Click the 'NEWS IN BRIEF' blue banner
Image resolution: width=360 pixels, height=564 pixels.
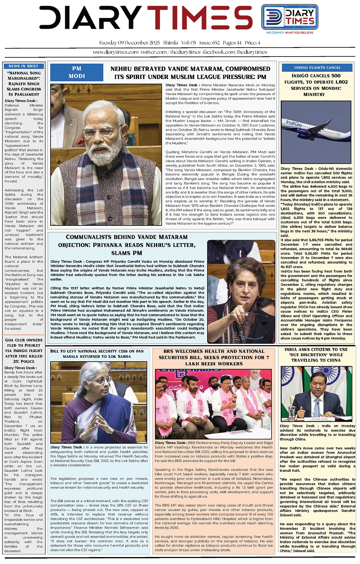click(23, 66)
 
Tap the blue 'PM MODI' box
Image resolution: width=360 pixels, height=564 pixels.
click(77, 72)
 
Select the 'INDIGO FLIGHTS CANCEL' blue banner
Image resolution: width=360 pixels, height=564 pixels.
click(317, 68)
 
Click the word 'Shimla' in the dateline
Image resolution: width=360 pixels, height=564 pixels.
click(171, 43)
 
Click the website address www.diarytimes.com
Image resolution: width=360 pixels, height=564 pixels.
click(116, 52)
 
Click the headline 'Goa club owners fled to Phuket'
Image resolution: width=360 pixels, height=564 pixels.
click(24, 351)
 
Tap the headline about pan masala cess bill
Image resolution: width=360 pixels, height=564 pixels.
click(97, 354)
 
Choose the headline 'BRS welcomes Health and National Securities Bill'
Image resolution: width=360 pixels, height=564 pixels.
click(214, 357)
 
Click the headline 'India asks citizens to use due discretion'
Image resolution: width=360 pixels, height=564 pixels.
click(316, 355)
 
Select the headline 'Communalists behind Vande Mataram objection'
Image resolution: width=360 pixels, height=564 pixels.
click(127, 245)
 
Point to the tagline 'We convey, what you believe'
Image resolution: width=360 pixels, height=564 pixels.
click(290, 33)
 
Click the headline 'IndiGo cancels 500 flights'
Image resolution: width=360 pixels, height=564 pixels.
click(316, 85)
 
